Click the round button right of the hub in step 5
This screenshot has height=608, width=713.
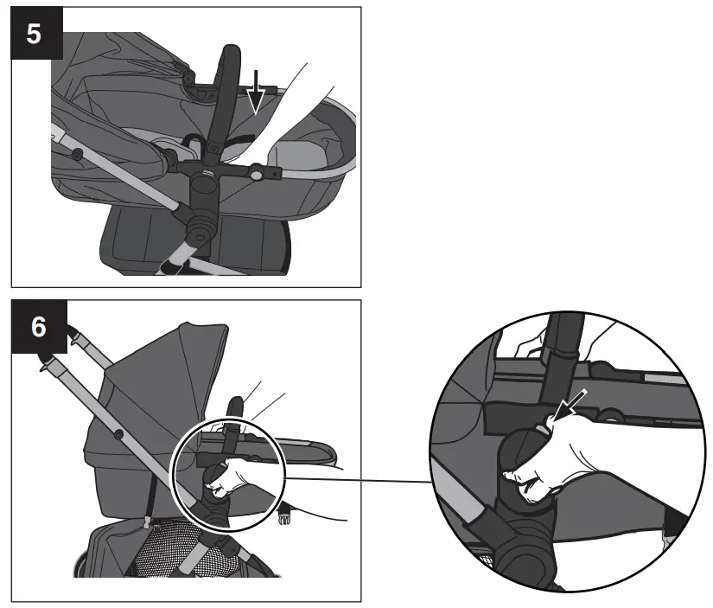(x=258, y=176)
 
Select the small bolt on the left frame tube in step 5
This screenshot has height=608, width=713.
(x=79, y=155)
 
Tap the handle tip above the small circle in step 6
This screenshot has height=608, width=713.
(x=235, y=406)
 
